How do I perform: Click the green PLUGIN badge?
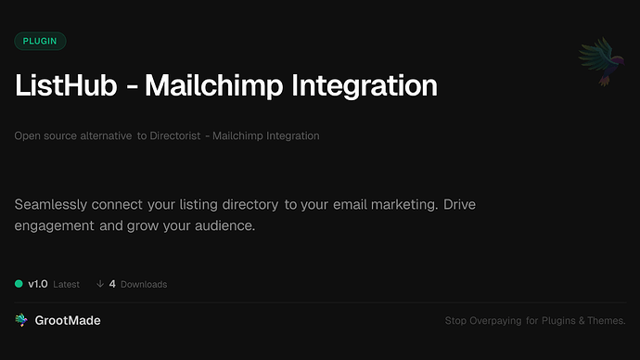pyautogui.click(x=40, y=41)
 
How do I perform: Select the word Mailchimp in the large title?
pyautogui.click(x=207, y=85)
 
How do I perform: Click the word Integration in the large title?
pyautogui.click(x=364, y=85)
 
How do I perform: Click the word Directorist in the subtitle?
pyautogui.click(x=176, y=136)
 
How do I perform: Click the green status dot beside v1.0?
pyautogui.click(x=19, y=284)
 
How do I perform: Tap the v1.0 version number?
pyautogui.click(x=38, y=284)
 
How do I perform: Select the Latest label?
pyautogui.click(x=67, y=284)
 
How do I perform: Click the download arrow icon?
pyautogui.click(x=99, y=284)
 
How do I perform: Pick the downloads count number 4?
pyautogui.click(x=112, y=284)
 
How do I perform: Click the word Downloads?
pyautogui.click(x=144, y=284)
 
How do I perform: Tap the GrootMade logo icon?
pyautogui.click(x=21, y=320)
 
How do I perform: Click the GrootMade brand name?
pyautogui.click(x=69, y=320)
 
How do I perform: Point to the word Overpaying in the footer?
pyautogui.click(x=497, y=321)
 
